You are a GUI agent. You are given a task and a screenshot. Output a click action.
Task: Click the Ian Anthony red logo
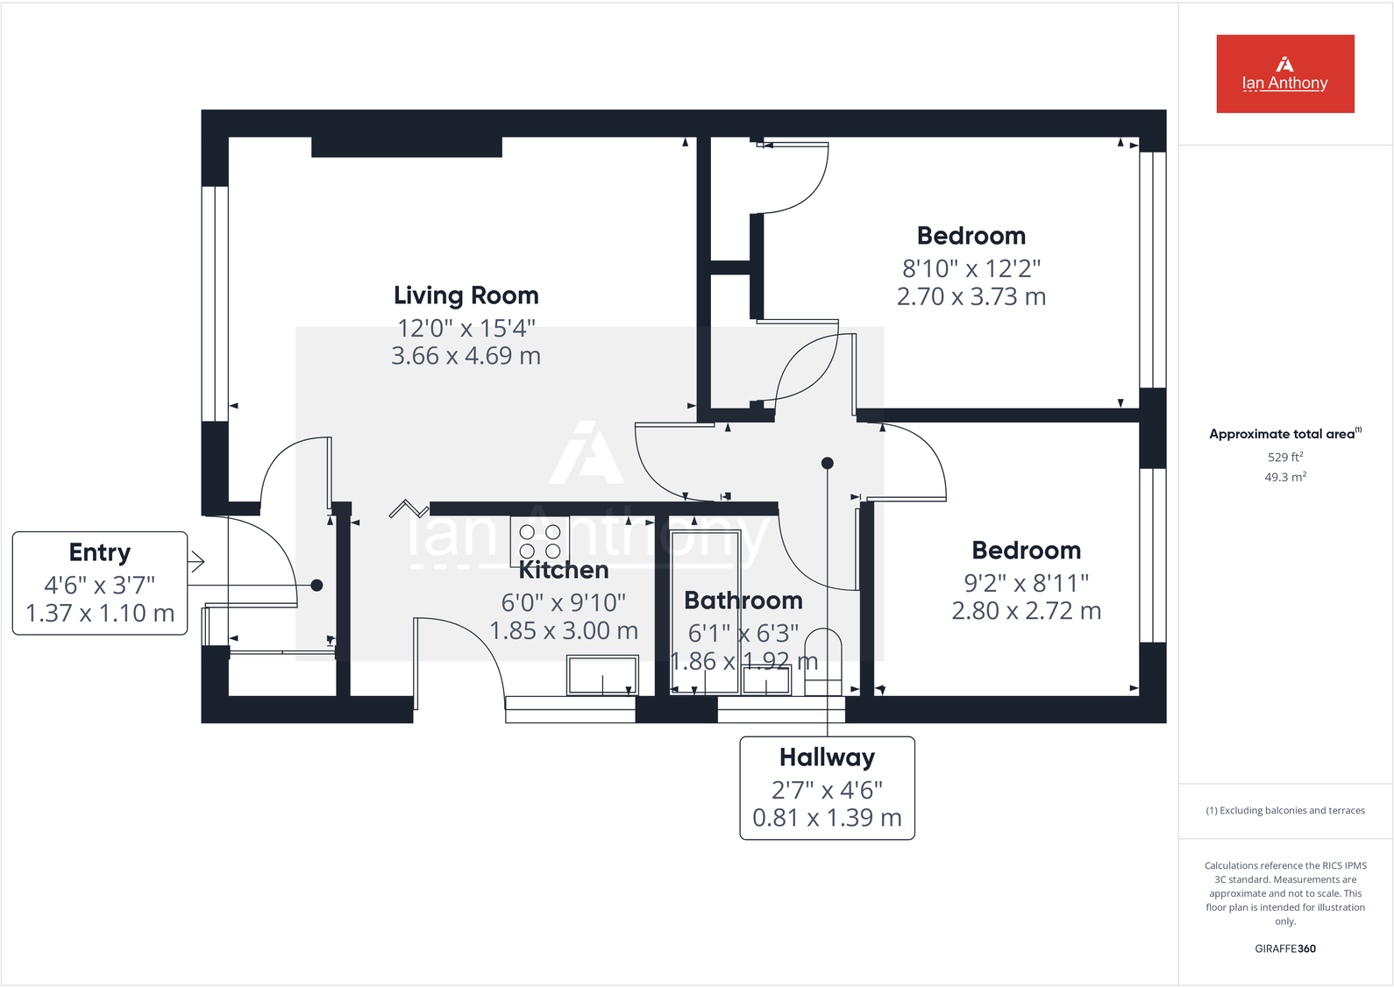click(1284, 74)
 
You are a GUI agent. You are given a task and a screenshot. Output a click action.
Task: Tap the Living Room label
click(466, 295)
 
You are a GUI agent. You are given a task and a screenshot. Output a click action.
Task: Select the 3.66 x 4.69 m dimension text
click(466, 356)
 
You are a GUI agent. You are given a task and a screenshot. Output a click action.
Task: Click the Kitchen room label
click(563, 571)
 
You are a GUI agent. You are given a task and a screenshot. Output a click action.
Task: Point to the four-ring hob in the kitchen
click(540, 541)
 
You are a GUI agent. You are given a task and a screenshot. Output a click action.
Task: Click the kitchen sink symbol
click(602, 676)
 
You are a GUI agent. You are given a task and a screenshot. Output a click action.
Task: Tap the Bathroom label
click(743, 601)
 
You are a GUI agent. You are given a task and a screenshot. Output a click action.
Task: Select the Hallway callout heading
click(827, 757)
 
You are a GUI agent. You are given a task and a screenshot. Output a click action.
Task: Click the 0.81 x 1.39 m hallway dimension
click(827, 818)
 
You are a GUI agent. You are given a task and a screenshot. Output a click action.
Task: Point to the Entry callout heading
click(100, 552)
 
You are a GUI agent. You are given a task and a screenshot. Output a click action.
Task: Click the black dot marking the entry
click(316, 585)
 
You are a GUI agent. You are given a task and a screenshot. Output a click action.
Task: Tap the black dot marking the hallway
click(827, 463)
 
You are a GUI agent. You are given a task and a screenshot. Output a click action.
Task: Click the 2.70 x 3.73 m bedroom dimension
click(971, 297)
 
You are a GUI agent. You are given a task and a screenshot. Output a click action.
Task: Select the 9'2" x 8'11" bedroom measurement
click(1026, 583)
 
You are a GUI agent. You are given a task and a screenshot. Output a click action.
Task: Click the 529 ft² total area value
click(1284, 457)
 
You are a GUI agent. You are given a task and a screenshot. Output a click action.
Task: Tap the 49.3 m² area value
click(1284, 477)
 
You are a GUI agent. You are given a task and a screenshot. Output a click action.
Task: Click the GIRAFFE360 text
click(1284, 949)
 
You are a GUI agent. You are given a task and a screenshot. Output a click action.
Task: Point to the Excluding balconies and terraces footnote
click(1284, 811)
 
